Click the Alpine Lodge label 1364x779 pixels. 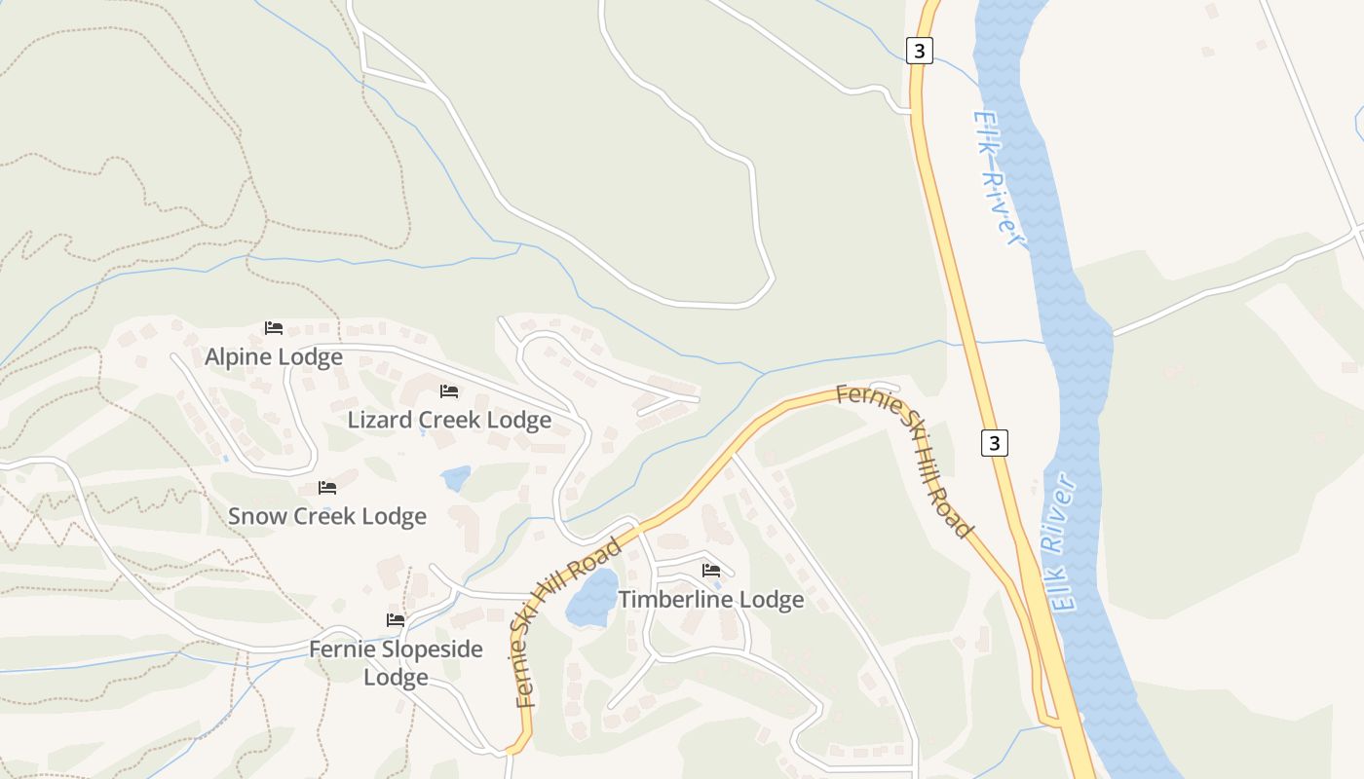[x=274, y=357]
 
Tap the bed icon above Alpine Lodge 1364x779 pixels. [x=274, y=328]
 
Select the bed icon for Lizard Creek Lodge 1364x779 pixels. [x=448, y=391]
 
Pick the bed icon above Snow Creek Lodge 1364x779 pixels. [x=327, y=487]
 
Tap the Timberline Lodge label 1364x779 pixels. [x=711, y=599]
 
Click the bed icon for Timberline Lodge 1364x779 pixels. [x=711, y=571]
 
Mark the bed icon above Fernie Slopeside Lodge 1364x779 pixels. [x=395, y=620]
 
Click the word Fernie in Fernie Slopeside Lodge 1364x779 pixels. [x=341, y=649]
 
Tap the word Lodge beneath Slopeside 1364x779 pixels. [x=396, y=677]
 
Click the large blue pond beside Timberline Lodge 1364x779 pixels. [x=592, y=597]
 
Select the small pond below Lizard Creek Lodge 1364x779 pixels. [x=455, y=478]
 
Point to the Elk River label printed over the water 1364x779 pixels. [x=1064, y=543]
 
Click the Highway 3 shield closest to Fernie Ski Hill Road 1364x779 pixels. [x=994, y=443]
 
